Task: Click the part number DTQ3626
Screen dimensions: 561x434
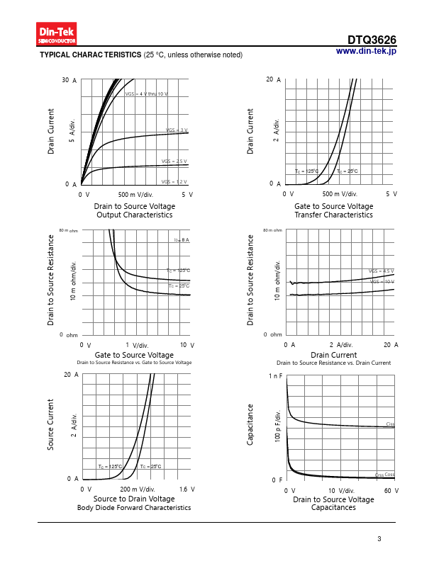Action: [372, 40]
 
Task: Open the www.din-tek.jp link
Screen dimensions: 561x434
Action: [366, 52]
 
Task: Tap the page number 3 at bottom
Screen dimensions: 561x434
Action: [379, 540]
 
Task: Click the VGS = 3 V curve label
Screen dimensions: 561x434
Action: [177, 130]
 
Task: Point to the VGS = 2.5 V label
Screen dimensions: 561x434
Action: [174, 161]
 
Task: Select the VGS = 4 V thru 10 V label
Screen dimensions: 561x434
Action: [147, 94]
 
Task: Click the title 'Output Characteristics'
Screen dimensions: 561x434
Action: [134, 215]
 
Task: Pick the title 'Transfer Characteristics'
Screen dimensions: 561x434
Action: [333, 215]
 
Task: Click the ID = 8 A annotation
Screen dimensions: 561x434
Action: [182, 240]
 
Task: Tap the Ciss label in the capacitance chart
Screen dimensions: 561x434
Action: [390, 424]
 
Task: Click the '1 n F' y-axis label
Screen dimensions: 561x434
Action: [275, 375]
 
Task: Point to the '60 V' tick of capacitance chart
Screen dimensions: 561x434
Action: [391, 490]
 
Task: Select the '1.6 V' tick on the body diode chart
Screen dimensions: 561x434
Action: [187, 489]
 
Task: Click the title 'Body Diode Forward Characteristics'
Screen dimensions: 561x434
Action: [134, 508]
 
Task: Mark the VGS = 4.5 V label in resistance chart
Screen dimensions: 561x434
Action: [382, 271]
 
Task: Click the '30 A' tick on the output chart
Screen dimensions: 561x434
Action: [69, 81]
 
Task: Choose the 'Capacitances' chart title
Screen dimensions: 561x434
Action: [333, 508]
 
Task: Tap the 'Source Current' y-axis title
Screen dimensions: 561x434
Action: [51, 424]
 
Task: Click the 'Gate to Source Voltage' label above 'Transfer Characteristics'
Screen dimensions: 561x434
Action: [333, 206]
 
